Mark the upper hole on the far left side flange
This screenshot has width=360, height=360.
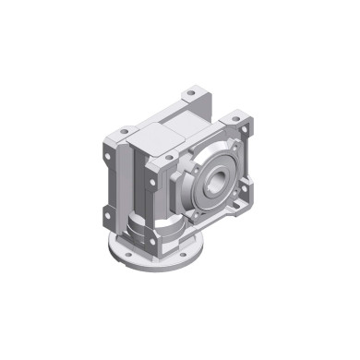click(111, 159)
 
